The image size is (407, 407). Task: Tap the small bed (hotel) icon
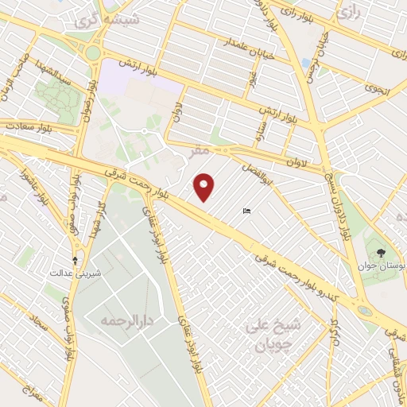246,211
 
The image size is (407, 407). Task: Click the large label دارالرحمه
126,321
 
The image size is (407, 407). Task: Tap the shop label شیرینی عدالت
76,272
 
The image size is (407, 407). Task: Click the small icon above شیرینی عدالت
76,260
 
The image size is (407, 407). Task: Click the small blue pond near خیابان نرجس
307,64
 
